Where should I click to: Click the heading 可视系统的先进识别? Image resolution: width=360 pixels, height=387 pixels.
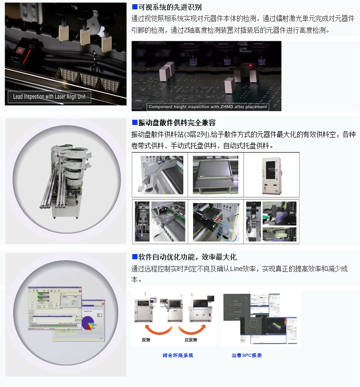[x=170, y=8]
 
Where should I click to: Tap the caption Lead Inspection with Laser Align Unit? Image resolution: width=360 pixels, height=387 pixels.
[x=49, y=97]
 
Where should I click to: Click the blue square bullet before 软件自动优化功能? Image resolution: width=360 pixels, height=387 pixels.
[x=135, y=257]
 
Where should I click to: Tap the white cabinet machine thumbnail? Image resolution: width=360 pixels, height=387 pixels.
[x=272, y=174]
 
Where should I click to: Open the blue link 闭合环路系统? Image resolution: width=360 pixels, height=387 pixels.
[x=177, y=356]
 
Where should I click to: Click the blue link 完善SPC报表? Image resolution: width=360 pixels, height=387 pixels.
[x=246, y=356]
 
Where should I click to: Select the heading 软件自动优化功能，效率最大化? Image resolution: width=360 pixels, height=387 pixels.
[x=187, y=257]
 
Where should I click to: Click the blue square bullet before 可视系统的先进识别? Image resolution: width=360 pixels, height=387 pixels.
[x=135, y=8]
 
